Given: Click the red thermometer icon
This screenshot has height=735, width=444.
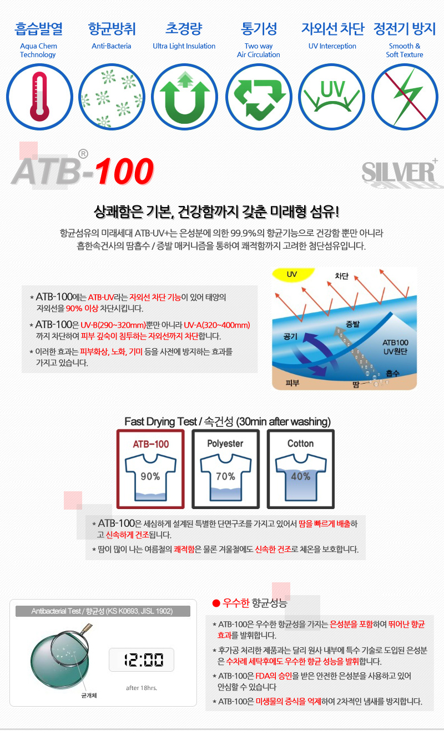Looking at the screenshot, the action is (39, 97).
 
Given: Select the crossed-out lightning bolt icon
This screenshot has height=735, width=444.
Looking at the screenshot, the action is (405, 97).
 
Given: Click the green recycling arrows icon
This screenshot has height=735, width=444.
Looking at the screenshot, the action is (259, 97).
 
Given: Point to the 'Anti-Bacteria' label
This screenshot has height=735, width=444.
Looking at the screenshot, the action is (111, 46).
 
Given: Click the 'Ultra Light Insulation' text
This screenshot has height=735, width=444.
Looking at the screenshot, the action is (184, 46).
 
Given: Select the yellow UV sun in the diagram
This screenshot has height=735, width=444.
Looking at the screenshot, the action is (292, 274).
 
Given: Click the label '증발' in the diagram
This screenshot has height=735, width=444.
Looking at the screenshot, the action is (353, 324).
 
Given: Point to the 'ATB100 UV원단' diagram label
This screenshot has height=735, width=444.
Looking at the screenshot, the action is (395, 347).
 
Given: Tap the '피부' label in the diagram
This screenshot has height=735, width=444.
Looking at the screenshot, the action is (292, 383).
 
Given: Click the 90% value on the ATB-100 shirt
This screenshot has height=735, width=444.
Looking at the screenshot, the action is (150, 476).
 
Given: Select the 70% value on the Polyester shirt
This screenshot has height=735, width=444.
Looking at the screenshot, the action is (225, 476).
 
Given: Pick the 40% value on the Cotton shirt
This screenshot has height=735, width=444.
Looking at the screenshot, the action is (301, 476).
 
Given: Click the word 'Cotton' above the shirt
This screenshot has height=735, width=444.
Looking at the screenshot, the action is (301, 444).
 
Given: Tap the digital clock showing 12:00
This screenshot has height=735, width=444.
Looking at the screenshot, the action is (142, 660).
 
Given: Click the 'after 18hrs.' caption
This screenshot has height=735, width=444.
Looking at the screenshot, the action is (142, 688).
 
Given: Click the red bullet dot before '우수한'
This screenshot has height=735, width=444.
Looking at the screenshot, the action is (216, 603).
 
